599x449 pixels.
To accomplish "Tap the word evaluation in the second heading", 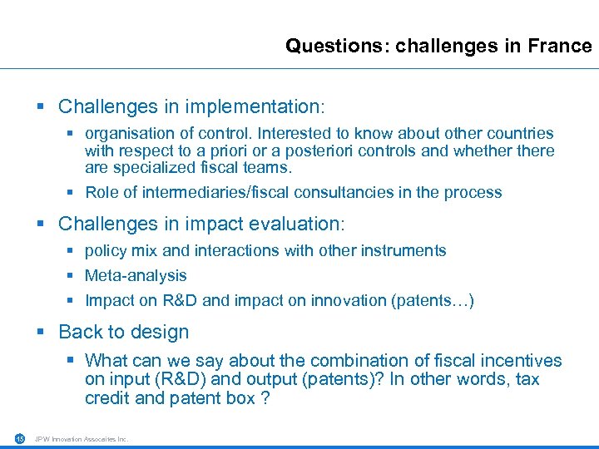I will pos(300,224).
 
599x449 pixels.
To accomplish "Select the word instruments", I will pos(403,250).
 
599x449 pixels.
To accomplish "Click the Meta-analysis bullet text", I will pos(136,275).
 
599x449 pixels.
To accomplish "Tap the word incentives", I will pos(520,361).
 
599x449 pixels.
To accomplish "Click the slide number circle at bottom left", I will pos(19,439).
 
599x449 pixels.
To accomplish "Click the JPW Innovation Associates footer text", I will pos(82,439).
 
